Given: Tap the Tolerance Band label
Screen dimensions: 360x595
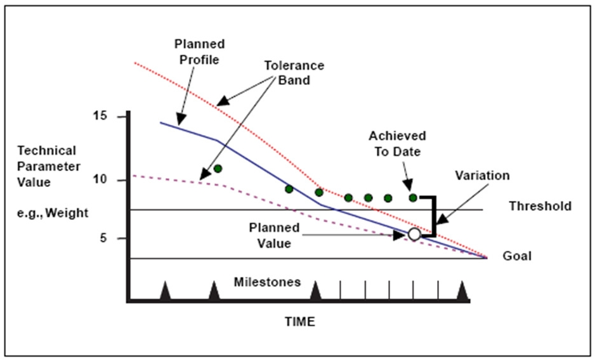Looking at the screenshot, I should click(x=295, y=73).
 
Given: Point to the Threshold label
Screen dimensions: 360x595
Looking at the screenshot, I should click(x=540, y=206).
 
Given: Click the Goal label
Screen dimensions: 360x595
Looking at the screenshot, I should click(x=517, y=257).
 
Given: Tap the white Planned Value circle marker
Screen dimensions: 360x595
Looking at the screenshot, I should click(x=414, y=235).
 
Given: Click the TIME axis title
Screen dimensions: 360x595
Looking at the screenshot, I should click(x=299, y=321).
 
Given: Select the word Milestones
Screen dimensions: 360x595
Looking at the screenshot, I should click(x=267, y=282).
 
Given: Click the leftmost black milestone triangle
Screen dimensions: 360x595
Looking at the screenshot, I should click(x=165, y=292).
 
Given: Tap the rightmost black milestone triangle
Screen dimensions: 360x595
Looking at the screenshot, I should click(x=463, y=292).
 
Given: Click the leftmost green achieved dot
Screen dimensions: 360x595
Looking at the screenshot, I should click(x=218, y=169).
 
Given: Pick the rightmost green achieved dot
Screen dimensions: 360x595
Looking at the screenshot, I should click(x=413, y=198).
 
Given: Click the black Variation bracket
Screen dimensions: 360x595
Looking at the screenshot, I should click(x=434, y=216).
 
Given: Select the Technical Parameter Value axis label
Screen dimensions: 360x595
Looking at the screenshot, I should click(x=49, y=166).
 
